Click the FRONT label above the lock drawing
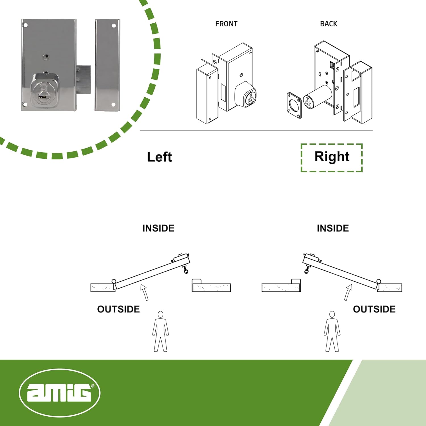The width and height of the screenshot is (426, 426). pyautogui.click(x=226, y=24)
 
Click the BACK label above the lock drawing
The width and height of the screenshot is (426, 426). pyautogui.click(x=329, y=24)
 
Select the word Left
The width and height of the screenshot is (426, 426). pyautogui.click(x=159, y=157)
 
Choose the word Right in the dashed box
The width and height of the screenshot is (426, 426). pyautogui.click(x=332, y=157)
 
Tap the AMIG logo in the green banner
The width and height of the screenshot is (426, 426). pyautogui.click(x=60, y=393)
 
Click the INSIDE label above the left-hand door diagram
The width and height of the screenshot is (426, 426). pyautogui.click(x=158, y=228)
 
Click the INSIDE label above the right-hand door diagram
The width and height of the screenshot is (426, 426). pyautogui.click(x=333, y=228)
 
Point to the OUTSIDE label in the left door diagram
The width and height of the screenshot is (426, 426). pyautogui.click(x=118, y=309)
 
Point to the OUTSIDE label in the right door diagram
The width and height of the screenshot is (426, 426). pyautogui.click(x=374, y=309)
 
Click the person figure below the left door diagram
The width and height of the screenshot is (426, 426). pyautogui.click(x=160, y=331)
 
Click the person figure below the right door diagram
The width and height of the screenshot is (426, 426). pyautogui.click(x=332, y=331)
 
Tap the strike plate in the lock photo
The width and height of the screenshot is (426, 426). pyautogui.click(x=108, y=65)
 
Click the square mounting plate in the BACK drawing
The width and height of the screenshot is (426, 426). pyautogui.click(x=294, y=105)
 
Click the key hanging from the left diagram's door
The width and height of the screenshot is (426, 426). pyautogui.click(x=186, y=269)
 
